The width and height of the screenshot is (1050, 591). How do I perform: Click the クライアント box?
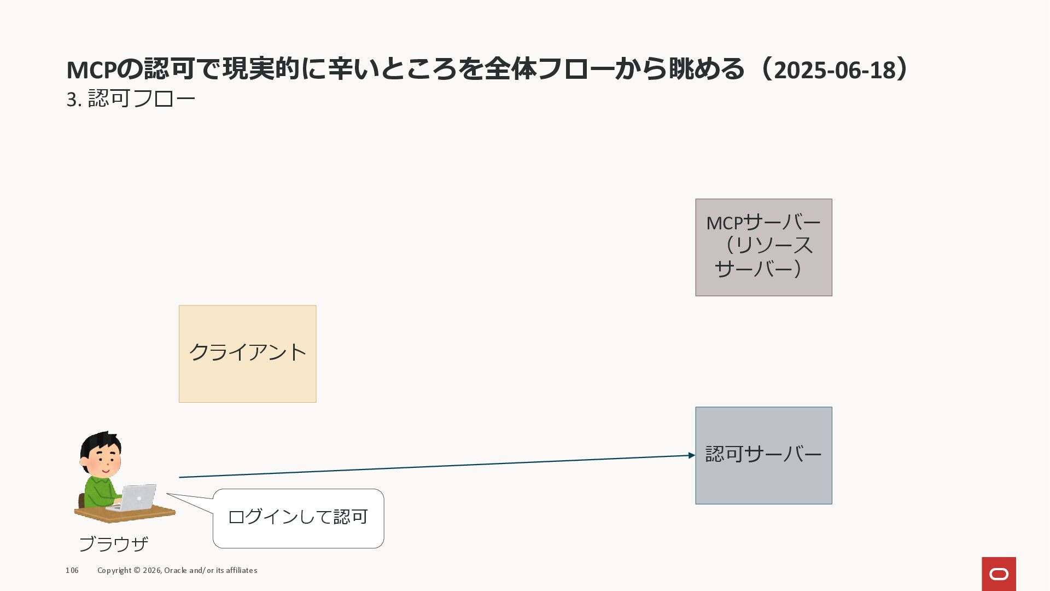coord(247,354)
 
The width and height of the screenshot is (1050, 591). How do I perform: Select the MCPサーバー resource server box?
coord(763,247)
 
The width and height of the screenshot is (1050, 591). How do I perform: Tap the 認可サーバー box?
coord(763,455)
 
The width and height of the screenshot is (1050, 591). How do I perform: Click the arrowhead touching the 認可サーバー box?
coord(692,455)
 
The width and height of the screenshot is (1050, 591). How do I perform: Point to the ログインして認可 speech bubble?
coord(298,518)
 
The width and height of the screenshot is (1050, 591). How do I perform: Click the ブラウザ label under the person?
coord(114,544)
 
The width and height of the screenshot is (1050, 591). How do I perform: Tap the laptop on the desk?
coord(136,498)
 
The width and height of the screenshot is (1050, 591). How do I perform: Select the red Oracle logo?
coord(999,573)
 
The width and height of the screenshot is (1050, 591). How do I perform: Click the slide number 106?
coord(72,570)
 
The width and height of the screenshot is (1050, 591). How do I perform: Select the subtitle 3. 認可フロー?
coord(131,99)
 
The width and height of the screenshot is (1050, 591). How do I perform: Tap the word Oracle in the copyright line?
coord(175,570)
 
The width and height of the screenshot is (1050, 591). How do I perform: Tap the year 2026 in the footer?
coord(151,570)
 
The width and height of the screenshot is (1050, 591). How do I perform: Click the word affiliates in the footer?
coord(241,570)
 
